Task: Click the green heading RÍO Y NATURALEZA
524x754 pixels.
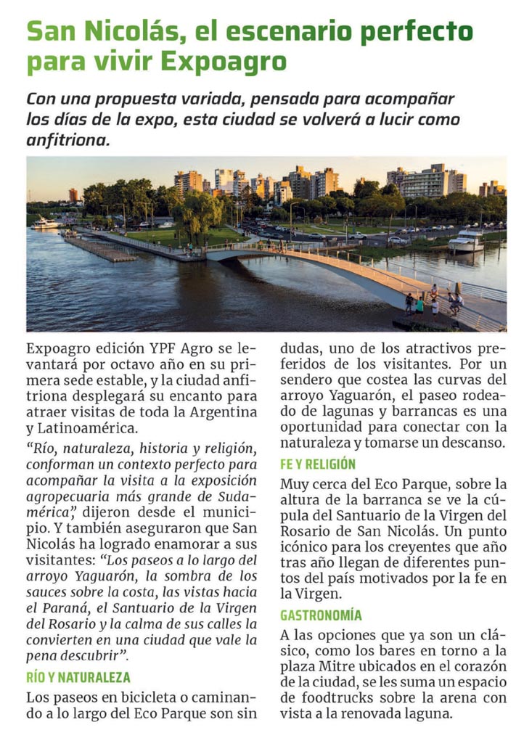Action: (x=78, y=678)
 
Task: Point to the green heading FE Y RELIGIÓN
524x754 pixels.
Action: (x=318, y=464)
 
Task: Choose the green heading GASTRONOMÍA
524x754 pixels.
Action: (x=321, y=615)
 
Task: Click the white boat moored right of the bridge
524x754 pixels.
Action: (x=465, y=240)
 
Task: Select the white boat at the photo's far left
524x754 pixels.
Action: (x=46, y=222)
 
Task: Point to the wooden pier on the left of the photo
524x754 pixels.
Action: (x=102, y=249)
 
